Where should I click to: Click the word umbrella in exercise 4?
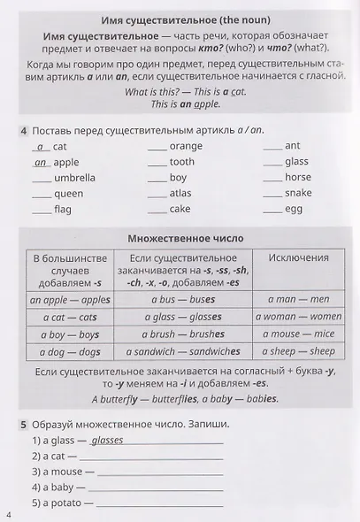74,178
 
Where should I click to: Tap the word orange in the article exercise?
186,146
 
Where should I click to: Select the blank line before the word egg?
272,211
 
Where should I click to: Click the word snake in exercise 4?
298,194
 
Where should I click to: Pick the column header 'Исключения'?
299,257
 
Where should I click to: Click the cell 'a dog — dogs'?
71,351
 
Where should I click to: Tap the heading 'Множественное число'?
185,239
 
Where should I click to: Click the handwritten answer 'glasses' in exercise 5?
107,440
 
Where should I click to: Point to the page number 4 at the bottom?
8,514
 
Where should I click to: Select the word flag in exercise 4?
63,210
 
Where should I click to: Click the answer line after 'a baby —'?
156,487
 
